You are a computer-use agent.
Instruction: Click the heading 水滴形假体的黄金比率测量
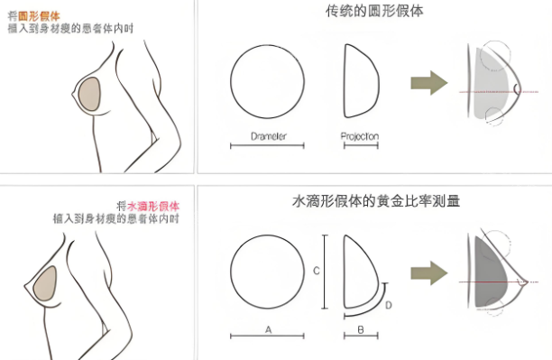point(376,201)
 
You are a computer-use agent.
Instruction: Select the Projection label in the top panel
point(359,135)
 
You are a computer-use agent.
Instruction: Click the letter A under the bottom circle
point(268,329)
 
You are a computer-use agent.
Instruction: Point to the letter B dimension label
point(360,329)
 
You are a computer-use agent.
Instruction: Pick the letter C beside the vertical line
point(316,270)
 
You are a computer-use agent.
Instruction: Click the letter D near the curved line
point(389,305)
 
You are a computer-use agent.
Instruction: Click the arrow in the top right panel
point(429,84)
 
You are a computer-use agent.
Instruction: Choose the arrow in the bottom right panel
point(429,272)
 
